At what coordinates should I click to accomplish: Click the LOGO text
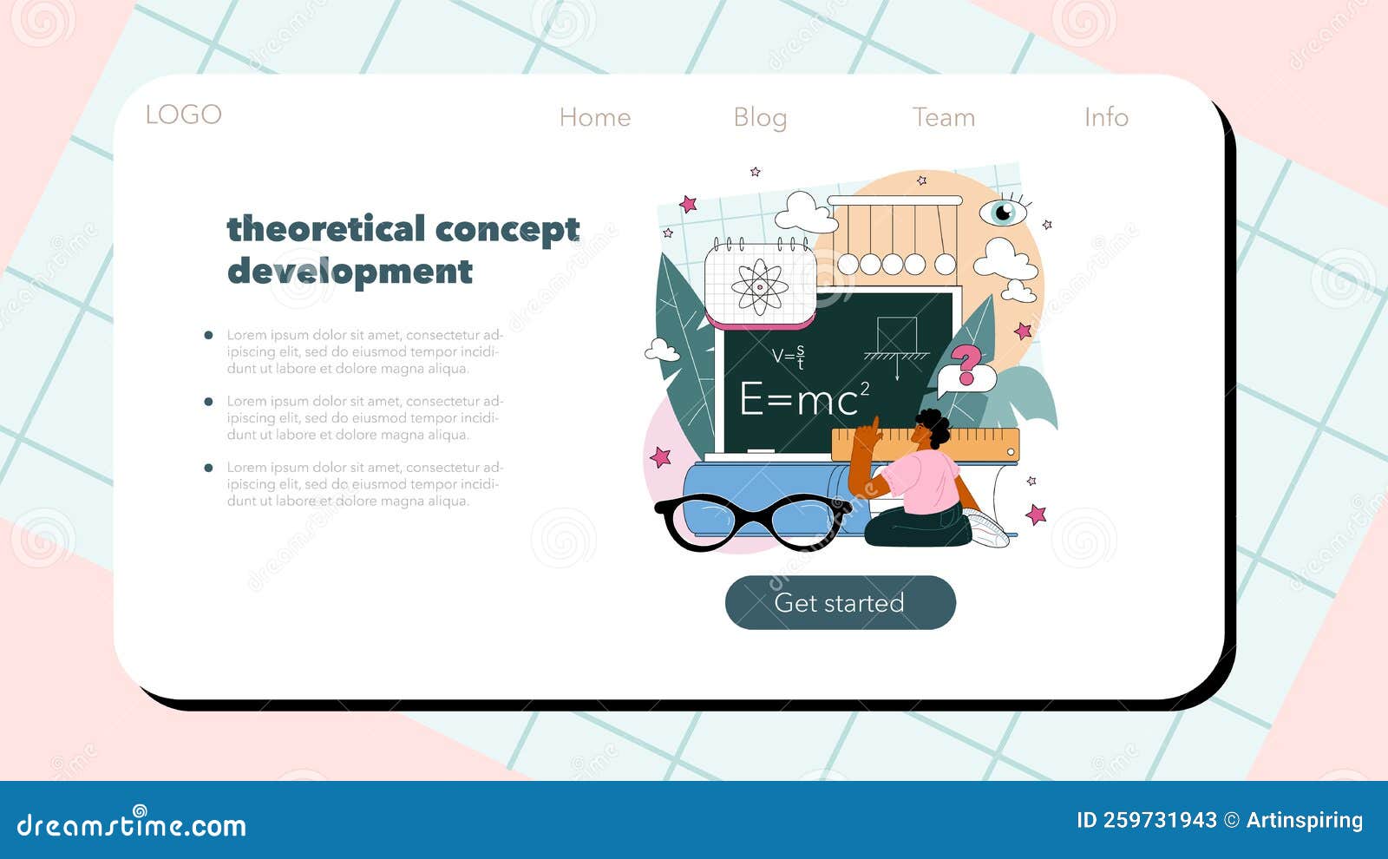click(x=183, y=115)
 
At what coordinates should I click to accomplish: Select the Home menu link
click(x=595, y=117)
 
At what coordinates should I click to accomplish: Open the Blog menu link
click(x=760, y=117)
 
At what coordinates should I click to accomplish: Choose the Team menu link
click(x=944, y=117)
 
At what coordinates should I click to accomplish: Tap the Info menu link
click(x=1106, y=117)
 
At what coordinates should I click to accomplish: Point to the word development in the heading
click(x=350, y=271)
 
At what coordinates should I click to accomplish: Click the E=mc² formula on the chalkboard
click(x=803, y=399)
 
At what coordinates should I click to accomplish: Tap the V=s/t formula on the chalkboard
click(x=789, y=356)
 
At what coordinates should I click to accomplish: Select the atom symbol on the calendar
click(x=760, y=285)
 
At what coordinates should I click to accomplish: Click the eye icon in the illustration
click(x=1003, y=211)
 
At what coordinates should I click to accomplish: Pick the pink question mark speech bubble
click(x=966, y=368)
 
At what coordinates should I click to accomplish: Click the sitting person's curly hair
click(x=934, y=425)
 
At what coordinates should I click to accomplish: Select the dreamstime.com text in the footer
click(x=132, y=825)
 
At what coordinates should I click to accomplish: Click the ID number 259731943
click(x=1146, y=820)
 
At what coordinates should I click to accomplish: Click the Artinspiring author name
click(x=1304, y=820)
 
